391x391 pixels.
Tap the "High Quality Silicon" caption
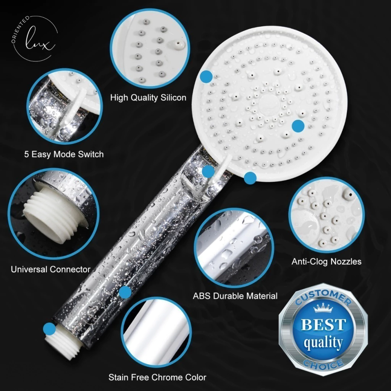click(148, 97)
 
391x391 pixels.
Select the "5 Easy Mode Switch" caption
click(64, 154)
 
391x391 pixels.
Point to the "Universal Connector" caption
click(50, 269)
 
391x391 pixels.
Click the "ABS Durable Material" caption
click(235, 296)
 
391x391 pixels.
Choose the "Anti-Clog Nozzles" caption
click(326, 262)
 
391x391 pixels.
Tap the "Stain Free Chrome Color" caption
click(157, 377)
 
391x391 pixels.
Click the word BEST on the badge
click(323, 325)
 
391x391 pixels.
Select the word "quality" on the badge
click(323, 343)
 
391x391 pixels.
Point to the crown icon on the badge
click(323, 308)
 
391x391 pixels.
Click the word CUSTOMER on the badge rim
click(323, 297)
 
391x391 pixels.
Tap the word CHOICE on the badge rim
click(323, 364)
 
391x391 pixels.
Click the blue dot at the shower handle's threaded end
click(49, 329)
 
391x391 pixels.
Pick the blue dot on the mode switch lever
click(208, 171)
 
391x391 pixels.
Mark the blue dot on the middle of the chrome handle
click(125, 292)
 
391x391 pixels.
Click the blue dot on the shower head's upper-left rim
click(207, 76)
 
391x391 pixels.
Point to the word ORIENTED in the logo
click(19, 29)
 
